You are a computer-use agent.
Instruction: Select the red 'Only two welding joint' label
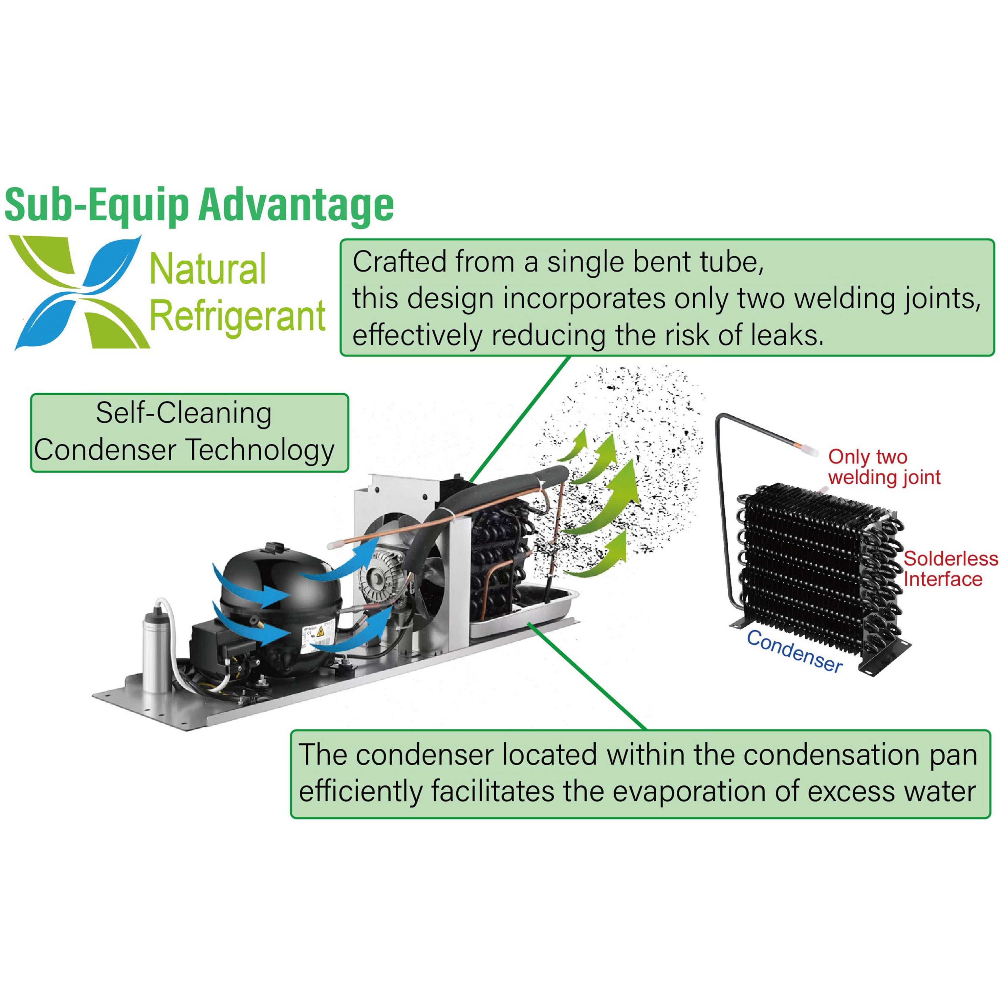click(883, 467)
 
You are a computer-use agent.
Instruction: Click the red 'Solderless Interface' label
click(950, 569)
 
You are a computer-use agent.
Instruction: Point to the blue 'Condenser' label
click(794, 651)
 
